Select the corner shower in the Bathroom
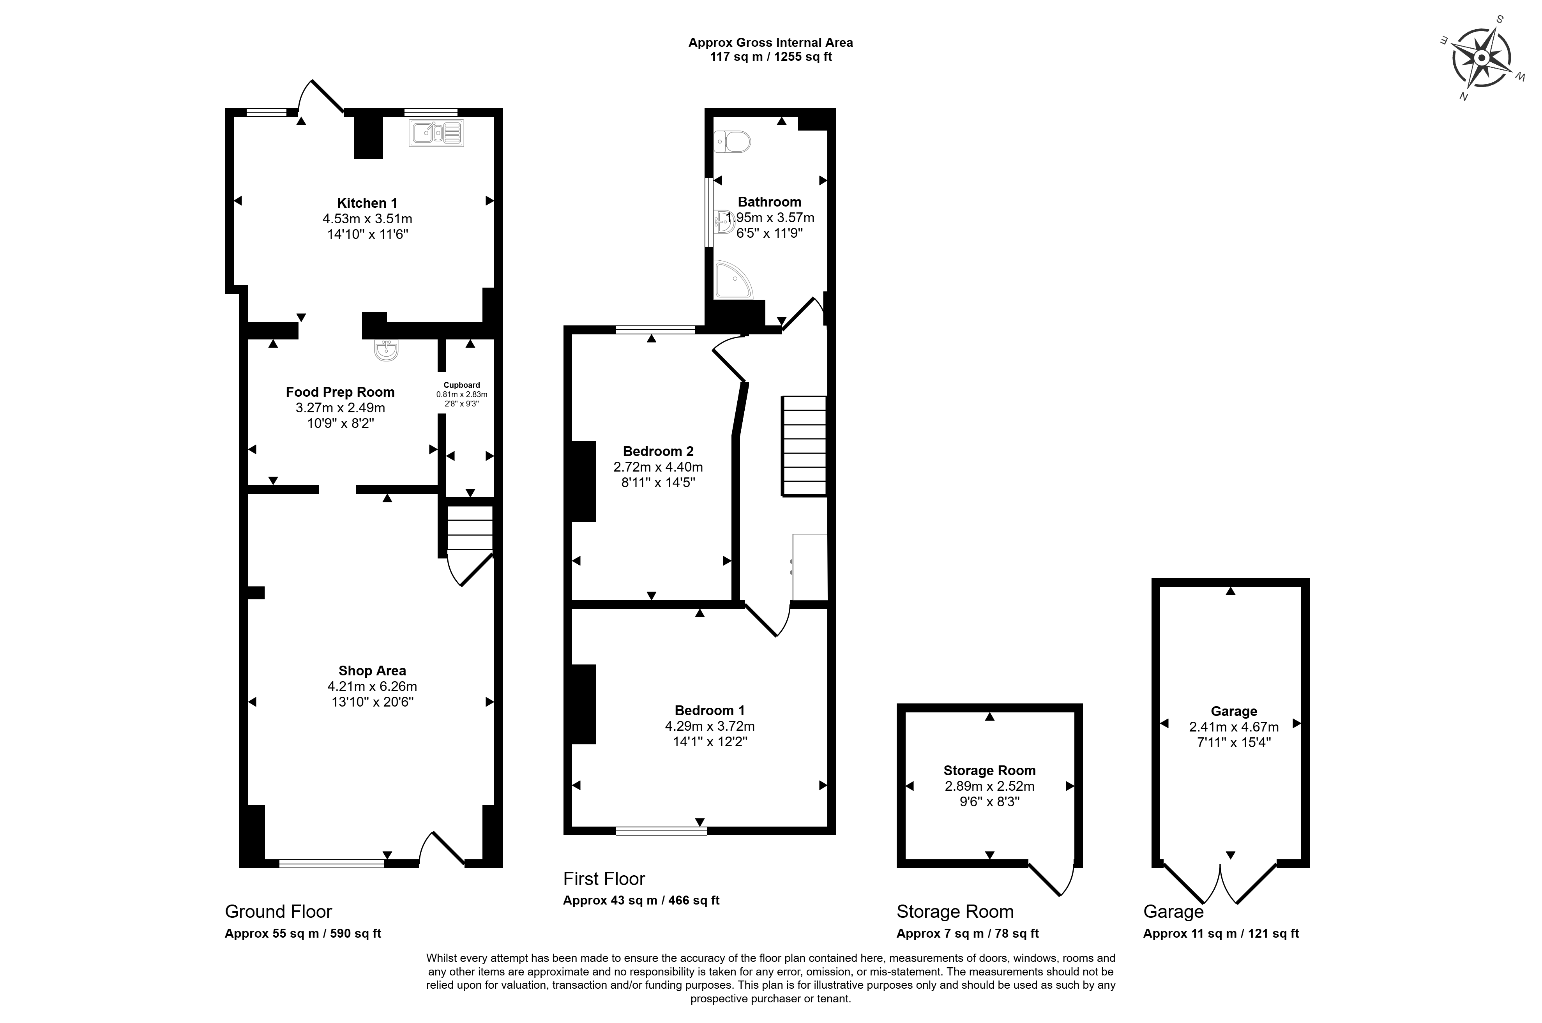(x=733, y=280)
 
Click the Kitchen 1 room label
(x=367, y=203)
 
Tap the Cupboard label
(x=462, y=385)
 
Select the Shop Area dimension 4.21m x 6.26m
(x=373, y=686)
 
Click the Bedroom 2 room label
(x=658, y=451)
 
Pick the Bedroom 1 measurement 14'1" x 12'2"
(x=710, y=741)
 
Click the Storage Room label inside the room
(x=989, y=770)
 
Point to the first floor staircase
(x=804, y=446)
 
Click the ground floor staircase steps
(x=469, y=528)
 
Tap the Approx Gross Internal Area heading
(x=770, y=42)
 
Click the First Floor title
(x=604, y=879)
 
